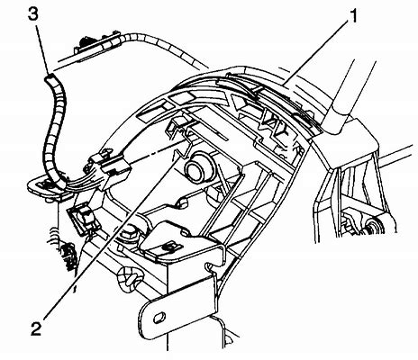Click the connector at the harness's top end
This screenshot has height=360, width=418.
(91, 44)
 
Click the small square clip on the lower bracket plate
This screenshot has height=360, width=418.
(169, 242)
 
